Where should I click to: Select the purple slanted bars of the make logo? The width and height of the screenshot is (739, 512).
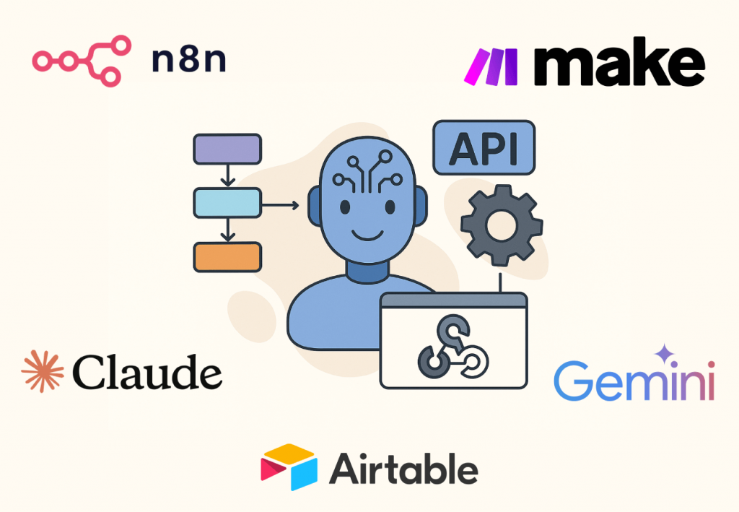[x=491, y=66]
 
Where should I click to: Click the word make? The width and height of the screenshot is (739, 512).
[x=619, y=62]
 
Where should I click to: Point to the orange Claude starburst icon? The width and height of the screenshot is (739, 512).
[x=43, y=371]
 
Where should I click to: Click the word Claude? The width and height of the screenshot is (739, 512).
[x=147, y=372]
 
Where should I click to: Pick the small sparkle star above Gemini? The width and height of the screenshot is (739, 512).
[x=665, y=354]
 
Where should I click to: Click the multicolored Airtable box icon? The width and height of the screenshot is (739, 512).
[x=289, y=467]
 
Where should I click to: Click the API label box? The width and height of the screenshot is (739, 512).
[x=484, y=147]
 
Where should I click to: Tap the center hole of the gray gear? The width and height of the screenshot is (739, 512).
[x=502, y=225]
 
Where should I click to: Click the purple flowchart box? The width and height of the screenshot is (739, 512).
[x=227, y=149]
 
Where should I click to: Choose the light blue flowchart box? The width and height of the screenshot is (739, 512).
[x=227, y=203]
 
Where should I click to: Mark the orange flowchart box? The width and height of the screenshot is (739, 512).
[x=227, y=257]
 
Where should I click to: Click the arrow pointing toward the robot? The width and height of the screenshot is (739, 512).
[x=281, y=205]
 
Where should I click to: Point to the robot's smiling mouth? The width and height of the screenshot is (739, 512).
[x=367, y=234]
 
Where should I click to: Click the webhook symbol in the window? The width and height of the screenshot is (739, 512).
[x=453, y=347]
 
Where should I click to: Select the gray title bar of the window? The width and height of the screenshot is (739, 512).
[x=453, y=300]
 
